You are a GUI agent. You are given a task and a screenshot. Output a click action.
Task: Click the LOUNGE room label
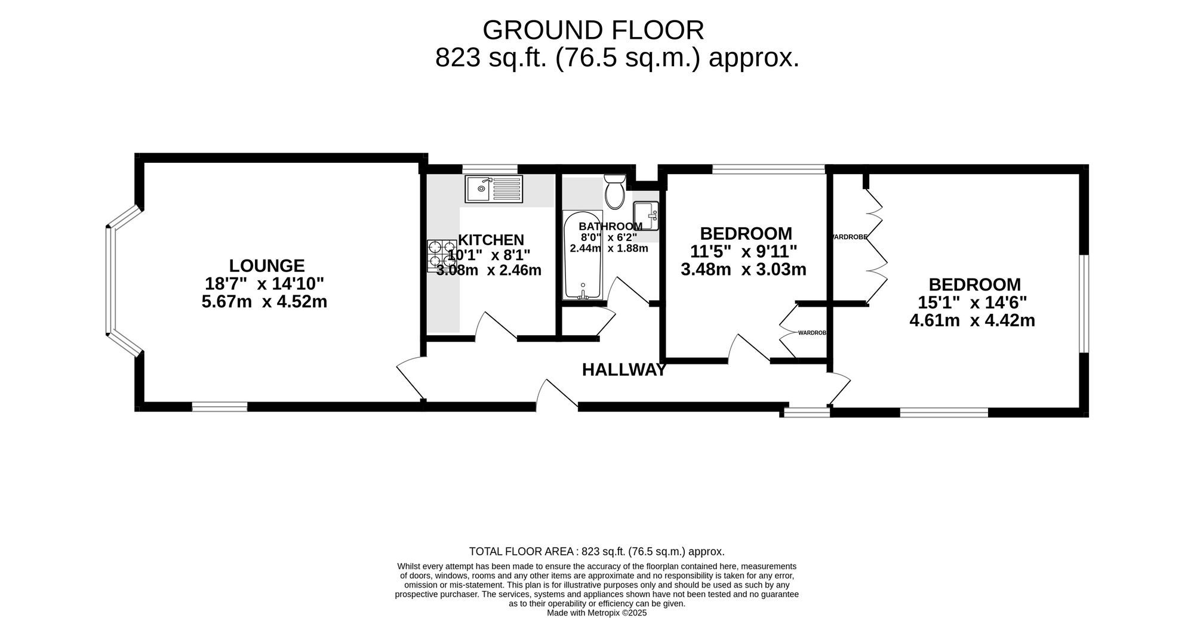tap(267, 265)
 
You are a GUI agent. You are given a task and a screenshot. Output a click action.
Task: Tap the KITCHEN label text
tap(491, 240)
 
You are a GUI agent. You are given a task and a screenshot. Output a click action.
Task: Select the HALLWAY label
tap(624, 370)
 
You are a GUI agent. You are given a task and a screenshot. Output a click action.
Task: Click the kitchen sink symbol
tap(494, 189)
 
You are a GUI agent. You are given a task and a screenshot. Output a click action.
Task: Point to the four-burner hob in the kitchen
tap(442, 256)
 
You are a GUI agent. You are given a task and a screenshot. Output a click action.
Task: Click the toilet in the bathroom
tap(614, 190)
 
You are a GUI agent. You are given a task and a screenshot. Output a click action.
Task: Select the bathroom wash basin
tap(645, 215)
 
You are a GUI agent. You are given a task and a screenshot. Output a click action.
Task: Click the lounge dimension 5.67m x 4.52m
tap(264, 302)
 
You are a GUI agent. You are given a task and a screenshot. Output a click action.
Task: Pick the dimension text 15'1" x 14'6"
tap(972, 302)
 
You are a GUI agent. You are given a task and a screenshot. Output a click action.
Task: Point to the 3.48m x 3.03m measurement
tap(743, 270)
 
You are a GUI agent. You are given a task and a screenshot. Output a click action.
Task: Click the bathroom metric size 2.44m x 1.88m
tap(609, 248)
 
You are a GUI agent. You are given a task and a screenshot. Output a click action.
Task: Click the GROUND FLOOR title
tap(593, 30)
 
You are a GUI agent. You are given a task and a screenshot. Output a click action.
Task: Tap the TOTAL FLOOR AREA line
tap(597, 552)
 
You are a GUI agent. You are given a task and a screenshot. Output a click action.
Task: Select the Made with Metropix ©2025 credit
tap(597, 613)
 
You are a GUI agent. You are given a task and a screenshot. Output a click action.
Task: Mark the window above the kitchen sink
tap(490, 169)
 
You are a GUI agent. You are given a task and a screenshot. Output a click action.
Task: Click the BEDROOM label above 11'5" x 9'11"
tap(746, 233)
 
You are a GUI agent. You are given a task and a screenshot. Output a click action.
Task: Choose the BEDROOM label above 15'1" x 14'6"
tap(974, 285)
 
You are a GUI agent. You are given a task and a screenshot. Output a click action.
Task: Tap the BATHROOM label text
tap(610, 227)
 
